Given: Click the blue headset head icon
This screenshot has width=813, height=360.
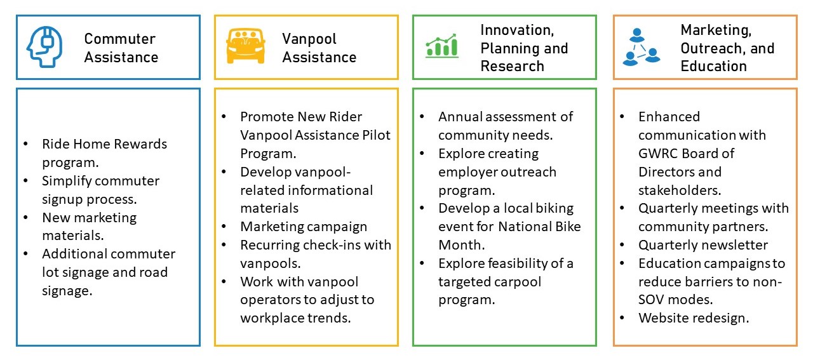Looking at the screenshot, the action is tap(44, 47).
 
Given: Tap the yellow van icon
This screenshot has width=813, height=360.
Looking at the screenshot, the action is tap(245, 46).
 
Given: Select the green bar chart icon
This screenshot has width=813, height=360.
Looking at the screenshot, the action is tap(441, 46).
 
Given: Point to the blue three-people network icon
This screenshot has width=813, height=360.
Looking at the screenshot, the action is tap(642, 47).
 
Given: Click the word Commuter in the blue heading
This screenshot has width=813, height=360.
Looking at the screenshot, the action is tap(120, 39).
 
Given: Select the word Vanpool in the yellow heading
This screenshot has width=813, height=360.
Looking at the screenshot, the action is tap(309, 39).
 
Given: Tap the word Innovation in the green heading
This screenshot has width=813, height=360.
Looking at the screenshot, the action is tap(517, 30).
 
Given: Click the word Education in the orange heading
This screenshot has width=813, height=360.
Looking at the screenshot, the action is tap(713, 66).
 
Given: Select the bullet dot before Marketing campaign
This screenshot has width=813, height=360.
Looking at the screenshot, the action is tap(224, 227).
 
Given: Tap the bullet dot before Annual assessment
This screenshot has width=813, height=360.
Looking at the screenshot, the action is tap(422, 116).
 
